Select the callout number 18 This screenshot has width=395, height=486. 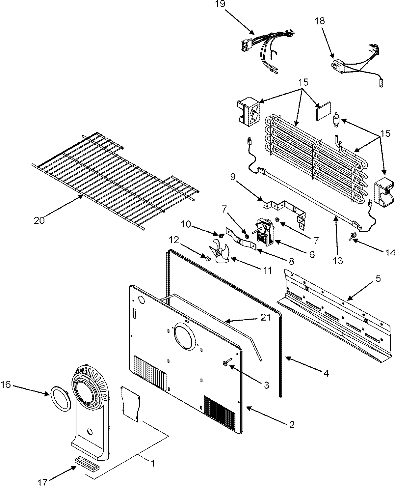319,21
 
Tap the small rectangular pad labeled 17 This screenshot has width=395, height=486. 86,460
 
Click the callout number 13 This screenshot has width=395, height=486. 338,261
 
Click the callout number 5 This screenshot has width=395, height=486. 378,279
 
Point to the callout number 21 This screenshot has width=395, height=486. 266,317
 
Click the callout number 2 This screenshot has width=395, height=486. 291,425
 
